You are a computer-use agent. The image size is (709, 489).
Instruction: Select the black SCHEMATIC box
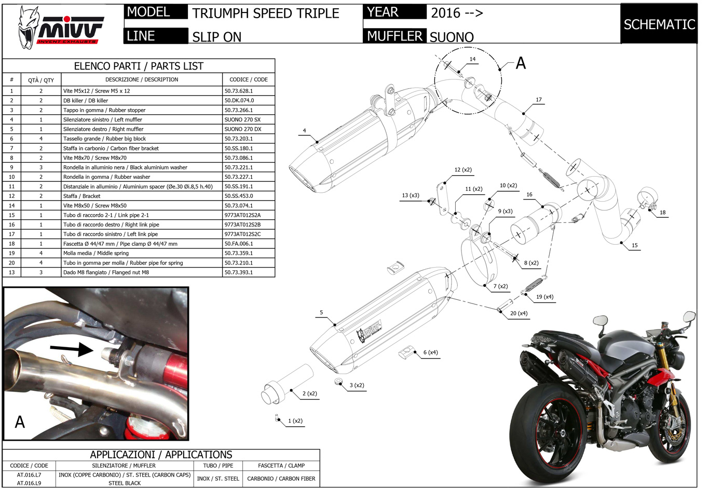click(659, 24)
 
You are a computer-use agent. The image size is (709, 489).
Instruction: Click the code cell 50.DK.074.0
click(239, 100)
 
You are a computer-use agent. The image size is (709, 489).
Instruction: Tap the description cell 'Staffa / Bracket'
click(82, 196)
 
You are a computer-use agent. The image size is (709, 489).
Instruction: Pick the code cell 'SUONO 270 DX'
click(242, 129)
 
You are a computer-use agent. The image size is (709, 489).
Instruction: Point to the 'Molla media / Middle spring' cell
click(100, 253)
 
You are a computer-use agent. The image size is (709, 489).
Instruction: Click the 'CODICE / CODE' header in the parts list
click(249, 80)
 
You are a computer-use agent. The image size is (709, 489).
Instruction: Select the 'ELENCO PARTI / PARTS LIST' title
click(139, 66)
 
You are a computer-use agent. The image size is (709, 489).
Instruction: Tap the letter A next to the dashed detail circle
click(521, 63)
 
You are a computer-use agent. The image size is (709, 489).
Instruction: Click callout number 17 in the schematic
click(539, 100)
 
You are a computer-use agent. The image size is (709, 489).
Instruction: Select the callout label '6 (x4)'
click(430, 352)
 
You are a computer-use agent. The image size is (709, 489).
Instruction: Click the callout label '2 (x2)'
click(309, 393)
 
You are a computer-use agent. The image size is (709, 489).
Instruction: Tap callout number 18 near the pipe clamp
click(662, 212)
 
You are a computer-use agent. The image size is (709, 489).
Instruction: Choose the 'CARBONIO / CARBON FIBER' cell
click(281, 479)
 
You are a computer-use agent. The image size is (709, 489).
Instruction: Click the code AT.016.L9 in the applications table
click(29, 483)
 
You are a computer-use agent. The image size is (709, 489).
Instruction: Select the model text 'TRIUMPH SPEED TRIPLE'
click(266, 14)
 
